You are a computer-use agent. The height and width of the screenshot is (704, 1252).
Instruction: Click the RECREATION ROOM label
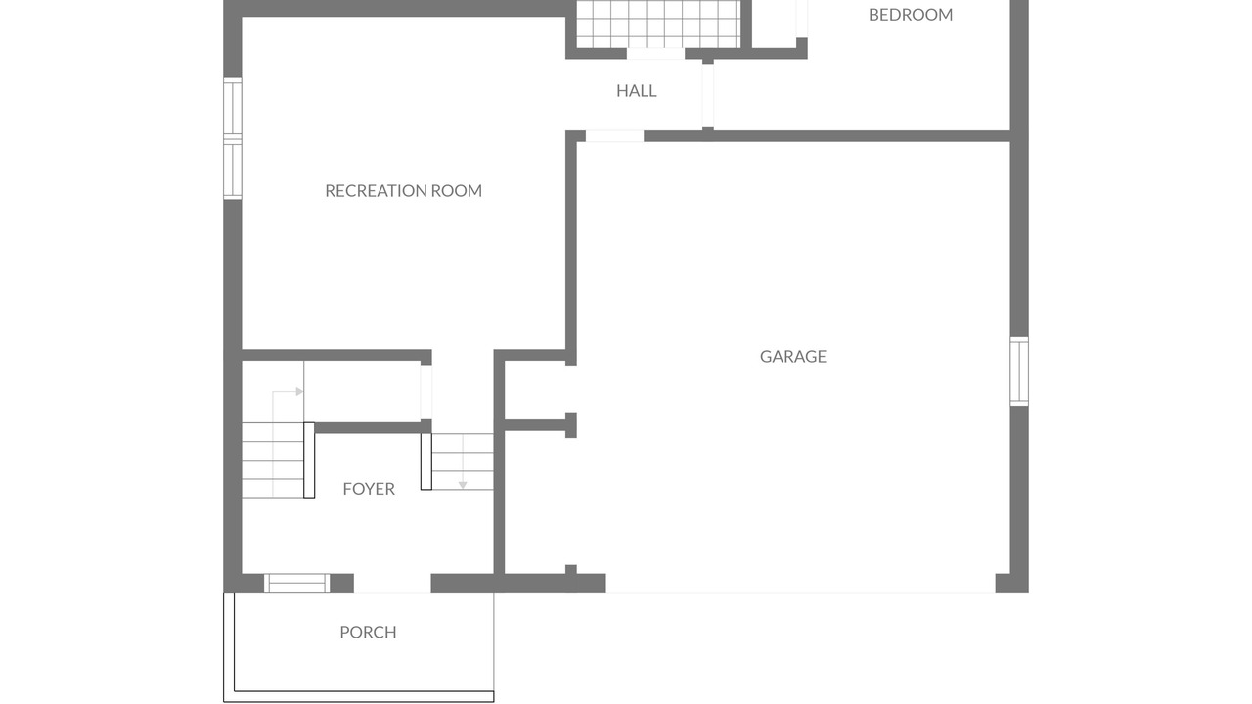[404, 191]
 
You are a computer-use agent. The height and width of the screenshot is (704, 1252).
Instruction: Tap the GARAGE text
[793, 357]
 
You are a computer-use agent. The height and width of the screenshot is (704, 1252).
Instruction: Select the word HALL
[637, 91]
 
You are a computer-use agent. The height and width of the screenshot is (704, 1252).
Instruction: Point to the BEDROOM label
[911, 15]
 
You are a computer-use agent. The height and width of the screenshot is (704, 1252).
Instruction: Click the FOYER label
[369, 489]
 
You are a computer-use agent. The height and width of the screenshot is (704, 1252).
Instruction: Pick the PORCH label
[369, 632]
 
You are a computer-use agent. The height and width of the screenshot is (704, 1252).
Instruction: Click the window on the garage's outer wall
[1019, 372]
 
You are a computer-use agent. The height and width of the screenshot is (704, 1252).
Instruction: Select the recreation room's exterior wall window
[233, 139]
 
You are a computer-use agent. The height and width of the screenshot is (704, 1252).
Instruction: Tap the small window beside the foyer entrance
[296, 583]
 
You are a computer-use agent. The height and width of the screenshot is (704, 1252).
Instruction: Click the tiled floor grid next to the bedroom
[658, 24]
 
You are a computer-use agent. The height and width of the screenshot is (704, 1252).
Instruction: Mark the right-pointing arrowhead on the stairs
[299, 392]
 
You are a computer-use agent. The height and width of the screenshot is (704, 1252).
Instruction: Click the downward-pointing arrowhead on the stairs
[463, 485]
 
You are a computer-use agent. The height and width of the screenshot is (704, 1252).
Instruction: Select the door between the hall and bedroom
[707, 96]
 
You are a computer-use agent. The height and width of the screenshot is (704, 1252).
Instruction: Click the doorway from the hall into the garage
[614, 136]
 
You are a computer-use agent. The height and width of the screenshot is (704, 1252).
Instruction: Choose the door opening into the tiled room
[655, 54]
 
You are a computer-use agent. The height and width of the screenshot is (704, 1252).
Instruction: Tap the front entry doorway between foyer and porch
[392, 584]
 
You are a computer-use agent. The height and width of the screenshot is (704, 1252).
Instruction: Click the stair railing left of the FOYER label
[309, 460]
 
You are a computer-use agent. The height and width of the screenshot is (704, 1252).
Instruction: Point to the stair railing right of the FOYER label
[425, 462]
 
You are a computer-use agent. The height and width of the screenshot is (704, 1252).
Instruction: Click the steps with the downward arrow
[463, 462]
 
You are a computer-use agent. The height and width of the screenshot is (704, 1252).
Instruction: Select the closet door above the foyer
[425, 392]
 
